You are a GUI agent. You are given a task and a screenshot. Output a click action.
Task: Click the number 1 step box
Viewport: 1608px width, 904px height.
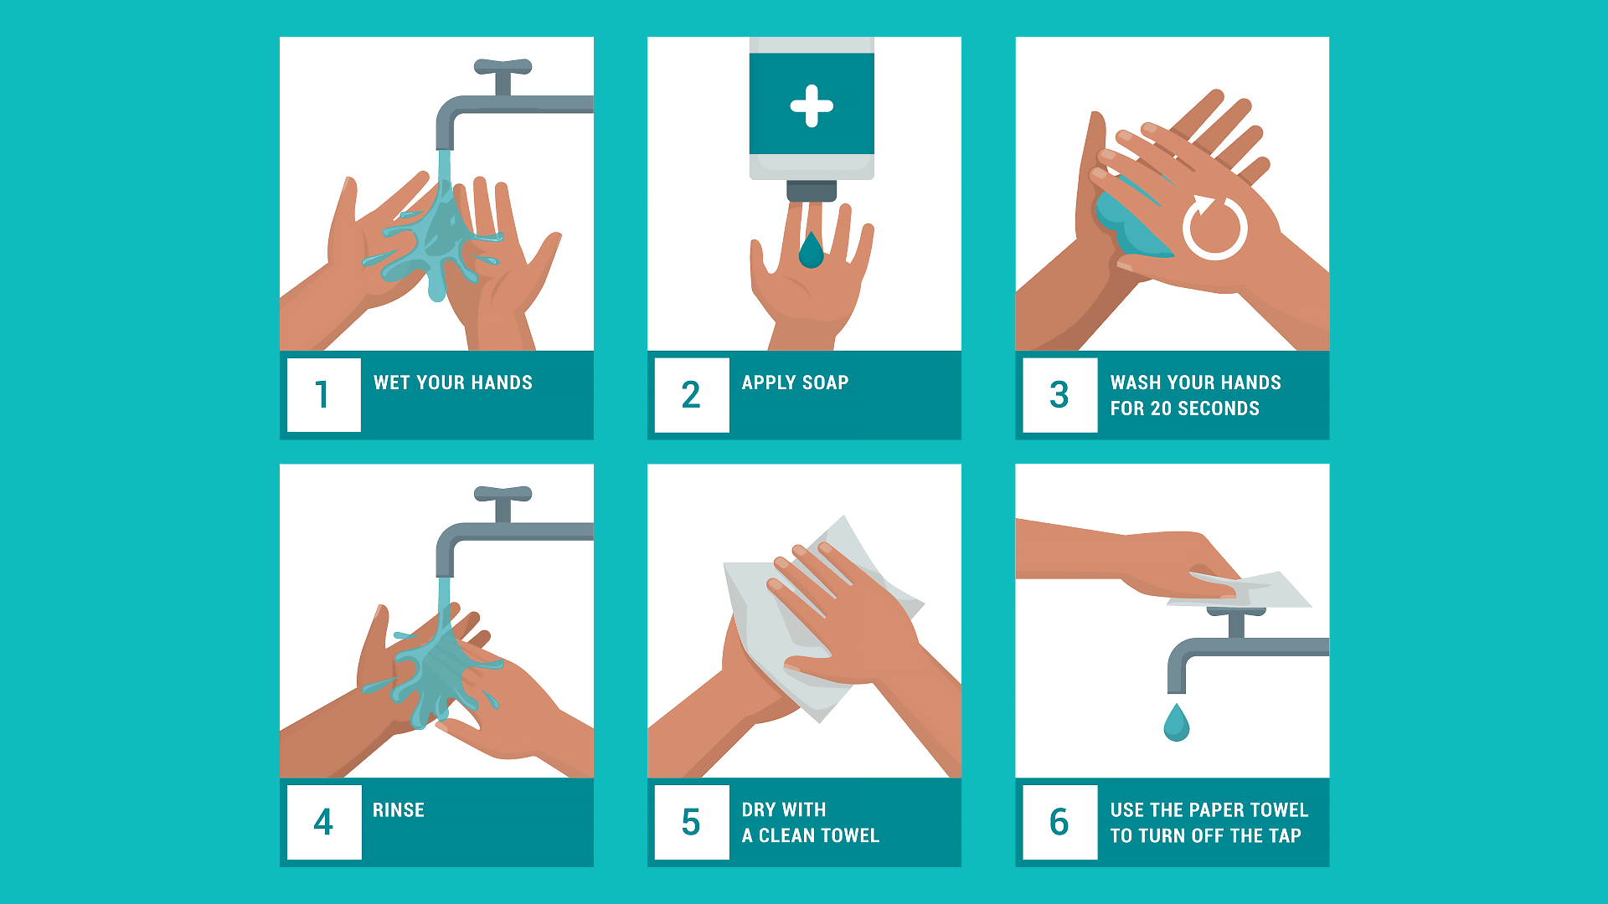[323, 395]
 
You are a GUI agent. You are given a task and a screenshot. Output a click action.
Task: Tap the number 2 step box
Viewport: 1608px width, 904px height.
[692, 395]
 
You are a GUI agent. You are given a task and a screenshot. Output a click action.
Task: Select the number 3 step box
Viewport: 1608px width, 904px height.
[1060, 395]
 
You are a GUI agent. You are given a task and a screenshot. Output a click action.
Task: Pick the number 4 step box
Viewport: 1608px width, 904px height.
[324, 822]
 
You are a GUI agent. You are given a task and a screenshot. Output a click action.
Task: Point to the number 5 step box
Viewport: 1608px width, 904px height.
[692, 822]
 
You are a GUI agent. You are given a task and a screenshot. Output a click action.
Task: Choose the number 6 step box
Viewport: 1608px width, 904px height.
[1060, 822]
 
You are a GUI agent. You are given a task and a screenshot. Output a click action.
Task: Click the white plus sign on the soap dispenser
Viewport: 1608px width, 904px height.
[812, 106]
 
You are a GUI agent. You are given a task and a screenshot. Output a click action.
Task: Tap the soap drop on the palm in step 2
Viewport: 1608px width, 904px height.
[811, 249]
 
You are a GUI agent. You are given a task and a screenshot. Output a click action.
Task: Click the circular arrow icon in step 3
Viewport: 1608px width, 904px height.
[1215, 227]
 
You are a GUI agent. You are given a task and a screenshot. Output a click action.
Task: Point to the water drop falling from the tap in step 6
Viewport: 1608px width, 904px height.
[1177, 722]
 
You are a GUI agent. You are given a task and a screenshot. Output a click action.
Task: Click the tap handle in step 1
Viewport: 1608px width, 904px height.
[503, 67]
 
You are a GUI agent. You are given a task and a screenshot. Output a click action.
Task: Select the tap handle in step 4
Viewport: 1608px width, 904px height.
[503, 494]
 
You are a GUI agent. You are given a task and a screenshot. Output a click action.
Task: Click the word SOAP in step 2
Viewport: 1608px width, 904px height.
[825, 383]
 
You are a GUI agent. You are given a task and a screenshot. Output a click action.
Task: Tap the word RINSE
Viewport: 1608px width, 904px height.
[399, 810]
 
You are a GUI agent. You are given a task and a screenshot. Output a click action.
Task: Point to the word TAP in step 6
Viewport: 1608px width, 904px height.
[1285, 835]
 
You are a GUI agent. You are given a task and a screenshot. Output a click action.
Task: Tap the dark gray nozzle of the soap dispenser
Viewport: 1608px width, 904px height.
[812, 191]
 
